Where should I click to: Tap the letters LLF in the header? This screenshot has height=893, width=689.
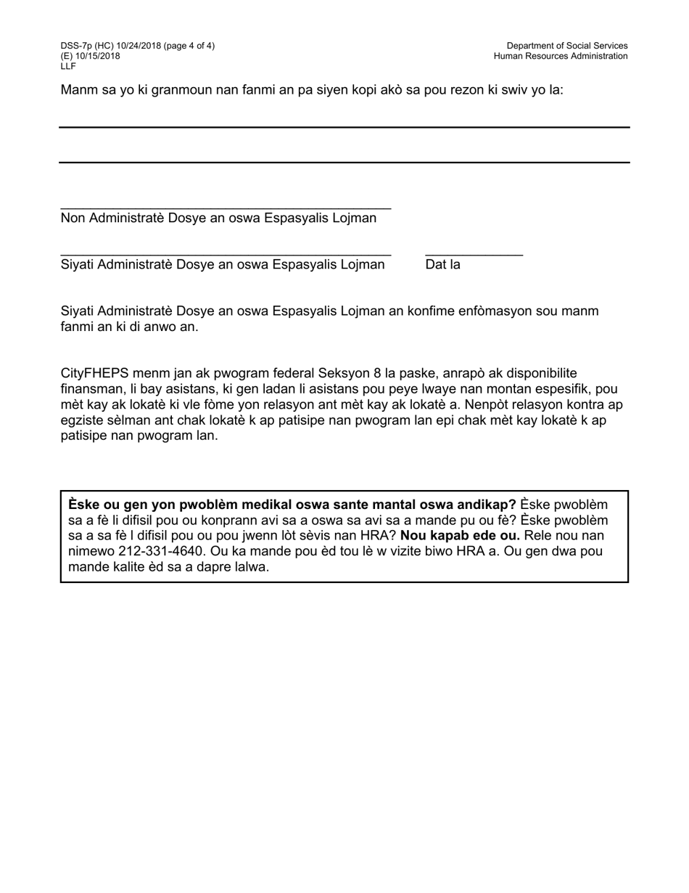pyautogui.click(x=68, y=66)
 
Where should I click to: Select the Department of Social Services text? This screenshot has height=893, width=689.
pyautogui.click(x=566, y=46)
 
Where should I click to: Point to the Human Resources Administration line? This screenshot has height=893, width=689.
pyautogui.click(x=561, y=56)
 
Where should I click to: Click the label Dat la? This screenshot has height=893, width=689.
pyautogui.click(x=442, y=265)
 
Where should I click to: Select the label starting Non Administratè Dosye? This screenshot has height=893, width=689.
pyautogui.click(x=218, y=219)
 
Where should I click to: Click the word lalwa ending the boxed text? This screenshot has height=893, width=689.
pyautogui.click(x=250, y=567)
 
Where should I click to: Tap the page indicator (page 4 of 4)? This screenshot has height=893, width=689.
pyautogui.click(x=184, y=46)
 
